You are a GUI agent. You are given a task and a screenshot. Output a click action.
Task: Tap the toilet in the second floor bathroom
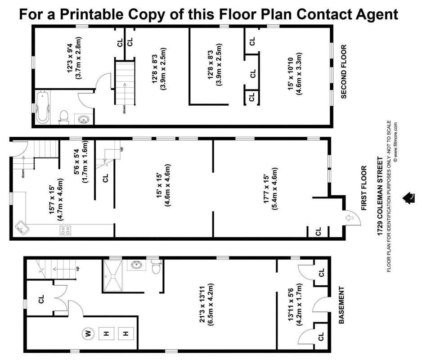tap(63, 117)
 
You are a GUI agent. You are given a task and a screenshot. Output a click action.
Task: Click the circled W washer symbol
tap(87, 333)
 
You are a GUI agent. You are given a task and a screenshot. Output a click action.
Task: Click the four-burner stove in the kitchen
tap(65, 230)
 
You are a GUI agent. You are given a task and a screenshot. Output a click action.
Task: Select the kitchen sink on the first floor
tap(21, 228)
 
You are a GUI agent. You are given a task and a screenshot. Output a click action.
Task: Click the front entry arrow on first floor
tap(350, 219)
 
